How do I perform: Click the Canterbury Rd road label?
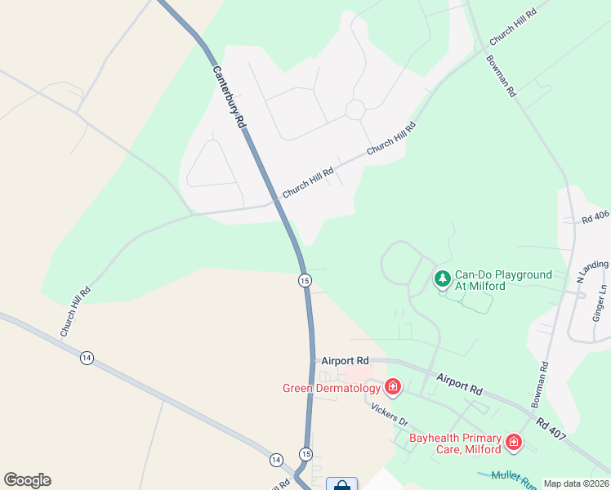[230, 96]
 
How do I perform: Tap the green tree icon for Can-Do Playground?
[442, 280]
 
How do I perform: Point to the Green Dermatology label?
[332, 388]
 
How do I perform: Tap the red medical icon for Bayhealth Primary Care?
[514, 443]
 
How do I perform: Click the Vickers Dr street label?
[389, 415]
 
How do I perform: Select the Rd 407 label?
[552, 430]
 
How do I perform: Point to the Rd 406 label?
[595, 216]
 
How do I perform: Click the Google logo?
[27, 480]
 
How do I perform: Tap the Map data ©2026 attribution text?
[576, 483]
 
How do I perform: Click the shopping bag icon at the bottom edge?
[341, 484]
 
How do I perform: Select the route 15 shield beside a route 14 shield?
[305, 454]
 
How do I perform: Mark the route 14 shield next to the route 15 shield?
[276, 460]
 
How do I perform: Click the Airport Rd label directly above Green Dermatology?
[345, 360]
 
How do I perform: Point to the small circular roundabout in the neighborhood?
[355, 109]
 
